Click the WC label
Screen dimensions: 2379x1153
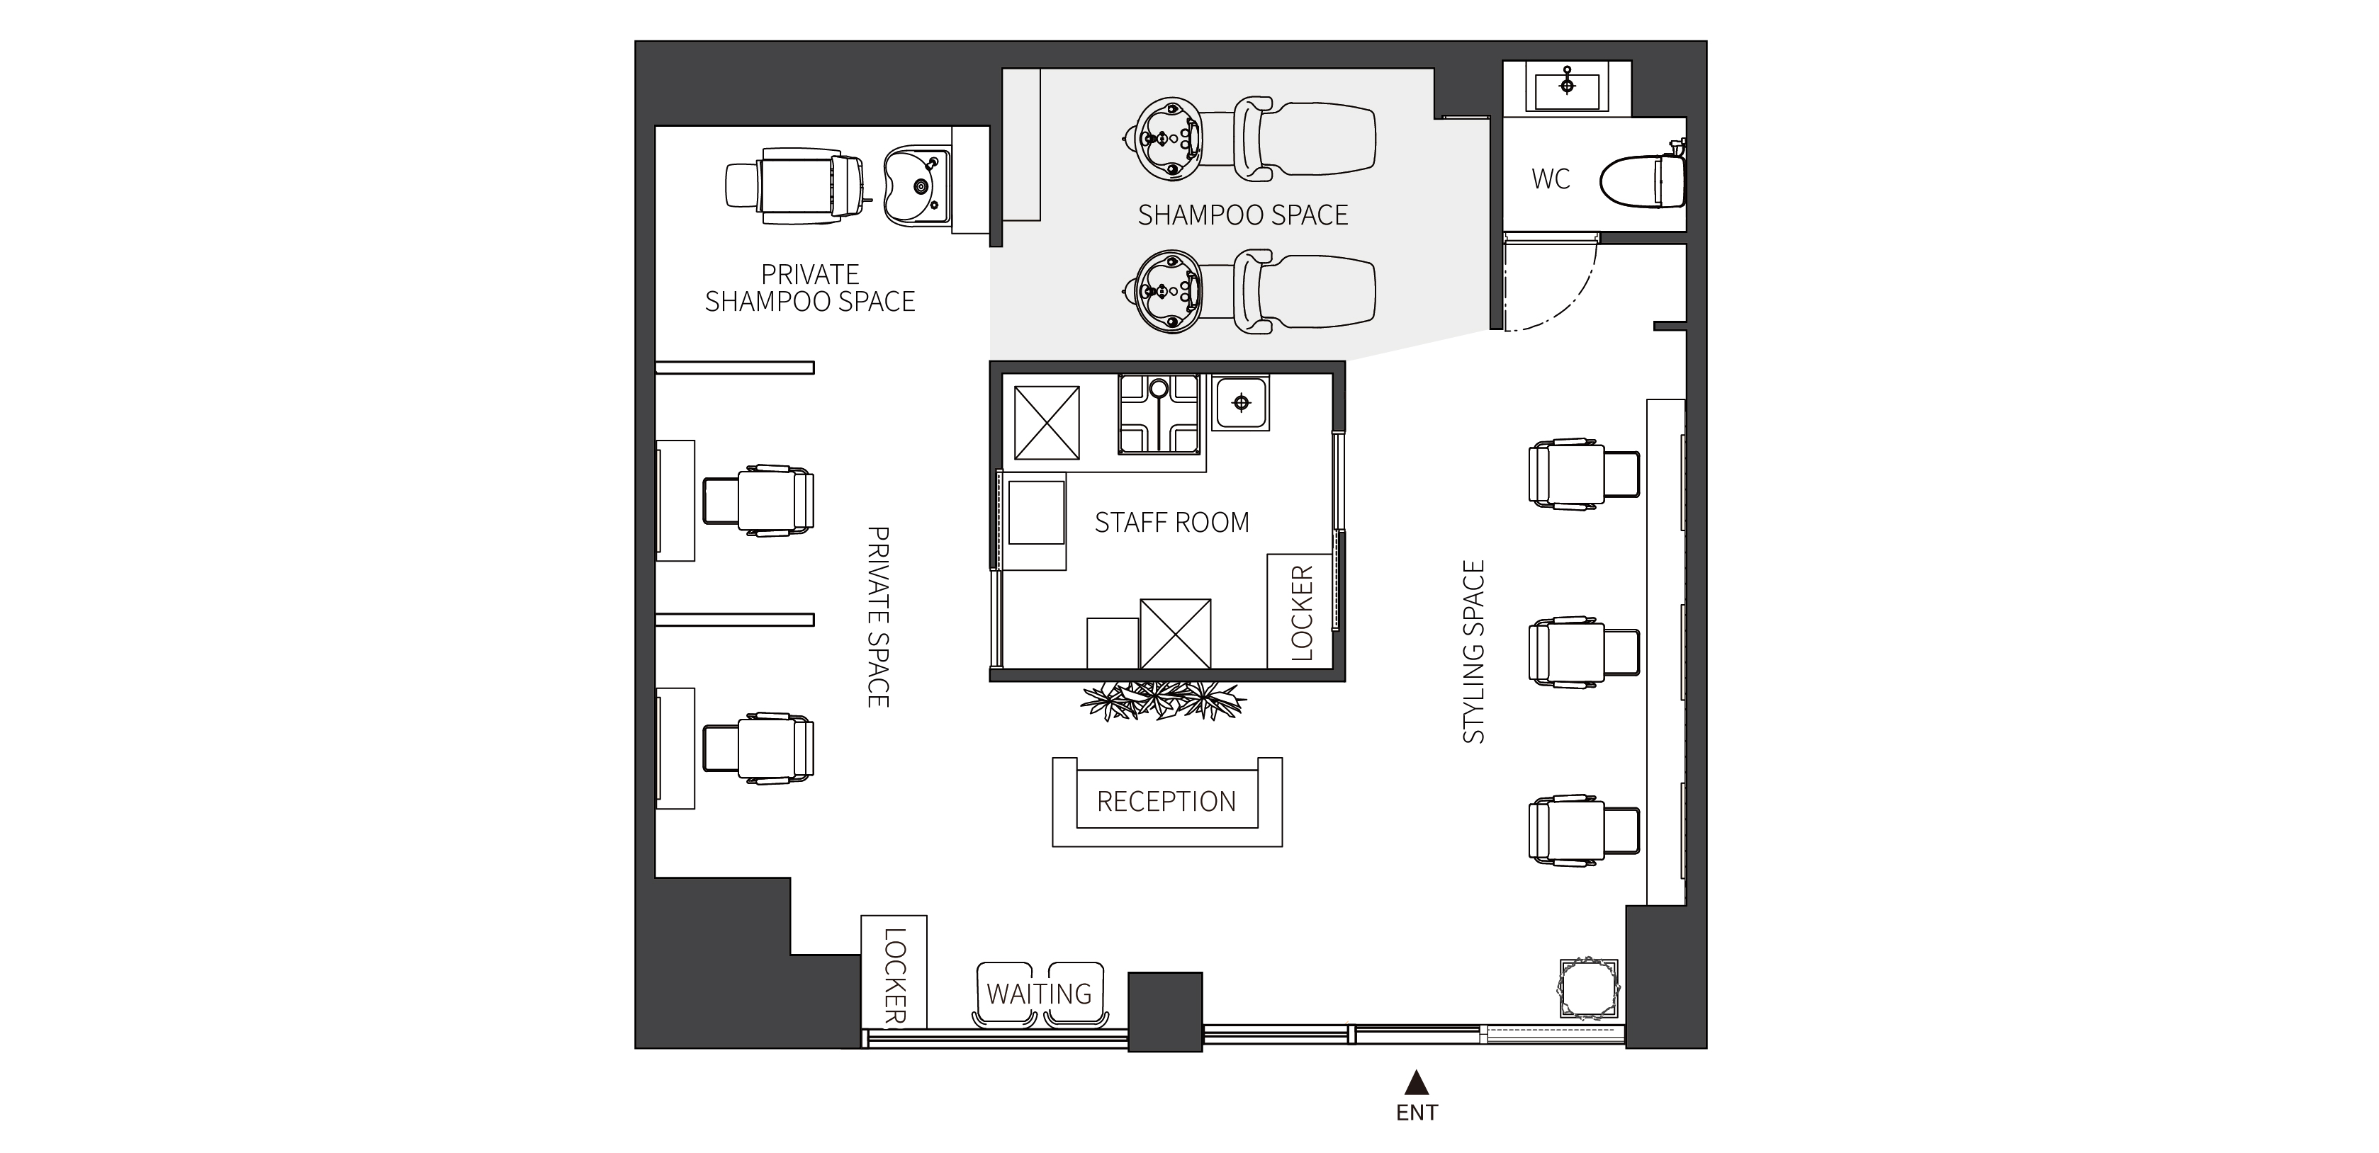point(1551,179)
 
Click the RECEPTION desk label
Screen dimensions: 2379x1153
point(1166,801)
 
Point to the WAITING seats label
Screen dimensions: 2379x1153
point(1039,994)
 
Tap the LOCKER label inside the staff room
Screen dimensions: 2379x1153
point(1301,613)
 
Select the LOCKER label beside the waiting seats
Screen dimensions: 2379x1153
point(895,977)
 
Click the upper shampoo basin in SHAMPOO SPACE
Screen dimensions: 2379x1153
point(1169,139)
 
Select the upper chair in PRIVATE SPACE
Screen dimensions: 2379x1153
point(758,500)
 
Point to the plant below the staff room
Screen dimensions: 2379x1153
point(1164,700)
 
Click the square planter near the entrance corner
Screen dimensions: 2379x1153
point(1588,988)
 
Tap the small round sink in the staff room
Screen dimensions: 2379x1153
point(1241,402)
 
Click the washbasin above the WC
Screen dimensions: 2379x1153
point(1568,87)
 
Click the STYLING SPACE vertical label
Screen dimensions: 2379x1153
point(1474,652)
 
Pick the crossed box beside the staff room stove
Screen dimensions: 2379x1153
point(1047,422)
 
